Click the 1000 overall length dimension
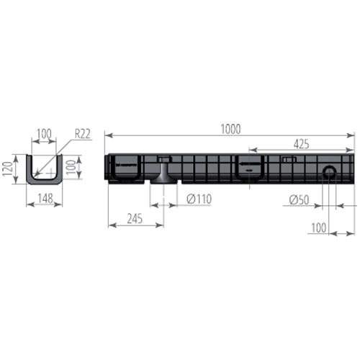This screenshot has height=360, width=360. pos(230,129)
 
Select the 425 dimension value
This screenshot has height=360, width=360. pos(302,144)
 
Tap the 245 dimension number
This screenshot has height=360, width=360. pos(135,219)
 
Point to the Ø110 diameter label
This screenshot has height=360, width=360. pos(199,199)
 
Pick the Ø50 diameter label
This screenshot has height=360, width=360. pos(299,200)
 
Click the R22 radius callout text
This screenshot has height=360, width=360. pos(83,134)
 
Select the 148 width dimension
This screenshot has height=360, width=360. pos(45,199)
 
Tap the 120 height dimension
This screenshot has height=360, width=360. pos(7,168)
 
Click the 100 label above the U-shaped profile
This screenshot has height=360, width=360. pos(45,134)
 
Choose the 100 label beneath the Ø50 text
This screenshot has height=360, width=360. pos(319,228)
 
